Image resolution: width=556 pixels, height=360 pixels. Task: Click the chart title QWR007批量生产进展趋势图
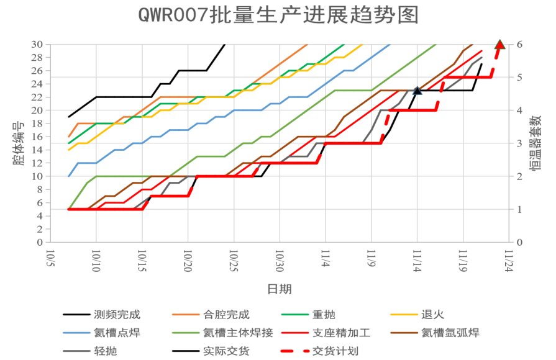click(278, 14)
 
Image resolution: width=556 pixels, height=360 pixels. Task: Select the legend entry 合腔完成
click(227, 315)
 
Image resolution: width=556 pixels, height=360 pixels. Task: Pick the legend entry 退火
click(433, 315)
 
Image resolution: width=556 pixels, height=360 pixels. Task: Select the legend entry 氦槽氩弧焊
click(450, 333)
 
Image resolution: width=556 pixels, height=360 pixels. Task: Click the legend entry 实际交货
click(227, 351)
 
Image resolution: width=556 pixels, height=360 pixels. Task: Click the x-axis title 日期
click(279, 289)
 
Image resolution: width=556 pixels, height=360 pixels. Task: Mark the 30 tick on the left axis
click(37, 45)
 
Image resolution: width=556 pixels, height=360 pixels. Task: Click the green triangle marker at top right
click(500, 44)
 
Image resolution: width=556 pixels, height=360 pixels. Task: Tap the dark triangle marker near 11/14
click(417, 91)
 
